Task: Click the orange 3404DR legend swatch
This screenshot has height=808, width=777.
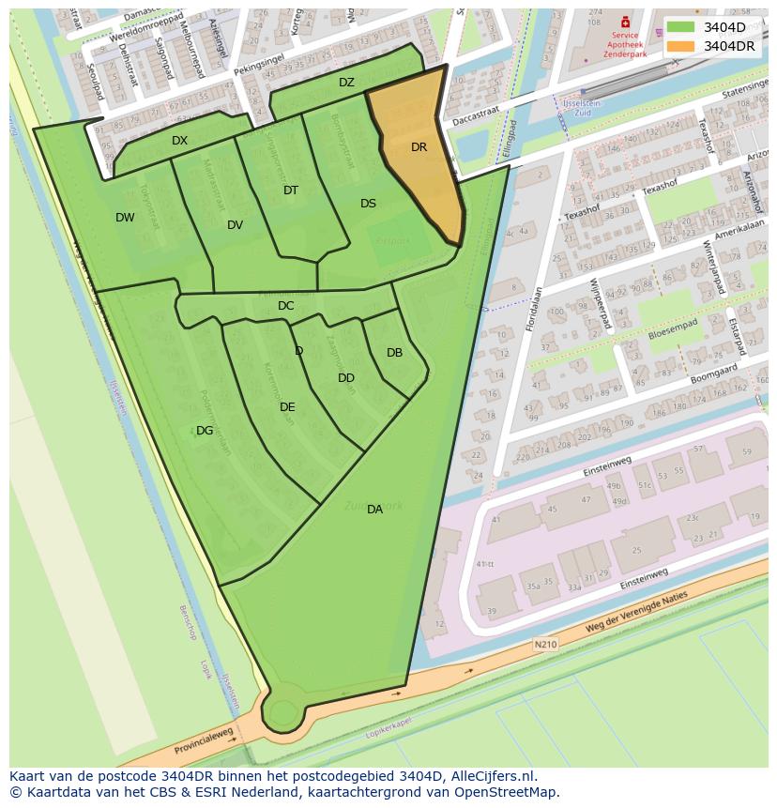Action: [x=681, y=46]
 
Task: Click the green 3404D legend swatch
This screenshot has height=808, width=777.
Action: [x=681, y=27]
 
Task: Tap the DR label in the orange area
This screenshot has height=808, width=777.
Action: [x=419, y=147]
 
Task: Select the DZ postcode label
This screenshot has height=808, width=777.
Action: [x=346, y=83]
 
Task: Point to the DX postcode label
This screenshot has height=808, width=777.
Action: [x=179, y=141]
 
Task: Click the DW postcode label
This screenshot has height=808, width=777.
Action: [x=125, y=218]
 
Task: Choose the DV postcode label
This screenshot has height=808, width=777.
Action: [x=235, y=225]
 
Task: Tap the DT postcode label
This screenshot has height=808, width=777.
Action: [x=291, y=191]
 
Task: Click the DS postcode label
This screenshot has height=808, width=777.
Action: [x=368, y=204]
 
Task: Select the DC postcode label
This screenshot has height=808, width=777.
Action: [x=286, y=306]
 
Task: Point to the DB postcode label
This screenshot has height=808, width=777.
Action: [x=394, y=353]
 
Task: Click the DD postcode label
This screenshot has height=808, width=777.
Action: [x=346, y=378]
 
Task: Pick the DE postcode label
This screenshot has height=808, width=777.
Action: [x=287, y=407]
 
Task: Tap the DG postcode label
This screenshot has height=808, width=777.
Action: [x=205, y=431]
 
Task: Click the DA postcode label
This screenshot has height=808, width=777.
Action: [x=374, y=510]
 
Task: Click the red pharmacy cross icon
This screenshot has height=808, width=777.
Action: [x=626, y=22]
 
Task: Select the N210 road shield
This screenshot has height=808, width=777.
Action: [x=545, y=645]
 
